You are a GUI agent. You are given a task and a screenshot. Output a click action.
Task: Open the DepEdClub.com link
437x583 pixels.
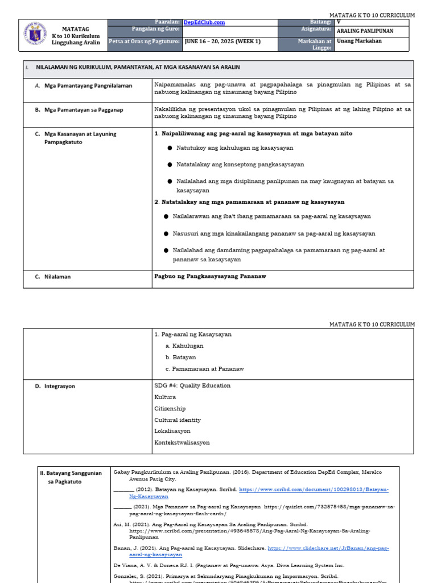point(203,22)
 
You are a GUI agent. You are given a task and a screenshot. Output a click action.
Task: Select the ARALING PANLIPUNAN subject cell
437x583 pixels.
point(364,32)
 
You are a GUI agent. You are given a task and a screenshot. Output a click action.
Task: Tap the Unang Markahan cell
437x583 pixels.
point(360,41)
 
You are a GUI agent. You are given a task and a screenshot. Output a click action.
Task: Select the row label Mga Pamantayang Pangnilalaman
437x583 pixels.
point(88,85)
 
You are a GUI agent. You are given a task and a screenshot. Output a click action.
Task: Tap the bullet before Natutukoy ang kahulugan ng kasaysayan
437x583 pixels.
point(170,147)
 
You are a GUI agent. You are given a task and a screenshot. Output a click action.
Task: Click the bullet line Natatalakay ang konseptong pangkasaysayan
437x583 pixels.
point(240,164)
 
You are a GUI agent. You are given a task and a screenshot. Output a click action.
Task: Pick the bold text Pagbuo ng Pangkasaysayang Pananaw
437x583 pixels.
point(210,276)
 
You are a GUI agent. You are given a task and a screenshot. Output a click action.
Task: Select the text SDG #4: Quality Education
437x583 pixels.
point(192,385)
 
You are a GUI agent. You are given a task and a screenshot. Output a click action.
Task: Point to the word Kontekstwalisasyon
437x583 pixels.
point(182,442)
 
